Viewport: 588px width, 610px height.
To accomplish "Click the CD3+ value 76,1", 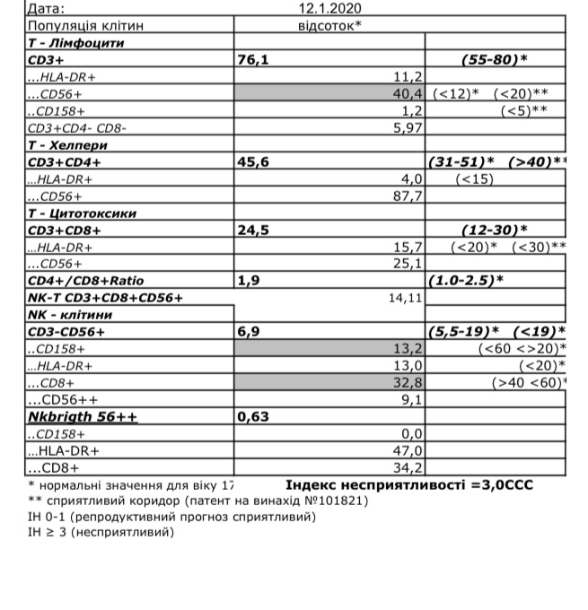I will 254,59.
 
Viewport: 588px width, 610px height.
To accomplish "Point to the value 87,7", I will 408,196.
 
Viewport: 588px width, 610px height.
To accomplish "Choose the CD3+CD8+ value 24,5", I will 254,230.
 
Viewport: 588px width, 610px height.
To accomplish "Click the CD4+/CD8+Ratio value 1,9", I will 248,281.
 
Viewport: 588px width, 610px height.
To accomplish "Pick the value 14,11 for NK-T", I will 405,298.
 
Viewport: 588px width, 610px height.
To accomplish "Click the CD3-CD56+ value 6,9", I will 248,332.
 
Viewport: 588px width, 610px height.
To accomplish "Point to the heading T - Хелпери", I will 68,144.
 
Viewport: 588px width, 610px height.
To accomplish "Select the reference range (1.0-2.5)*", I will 467,281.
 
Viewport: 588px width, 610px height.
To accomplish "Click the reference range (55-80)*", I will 494,59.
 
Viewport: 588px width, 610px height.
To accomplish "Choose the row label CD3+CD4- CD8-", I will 77,127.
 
